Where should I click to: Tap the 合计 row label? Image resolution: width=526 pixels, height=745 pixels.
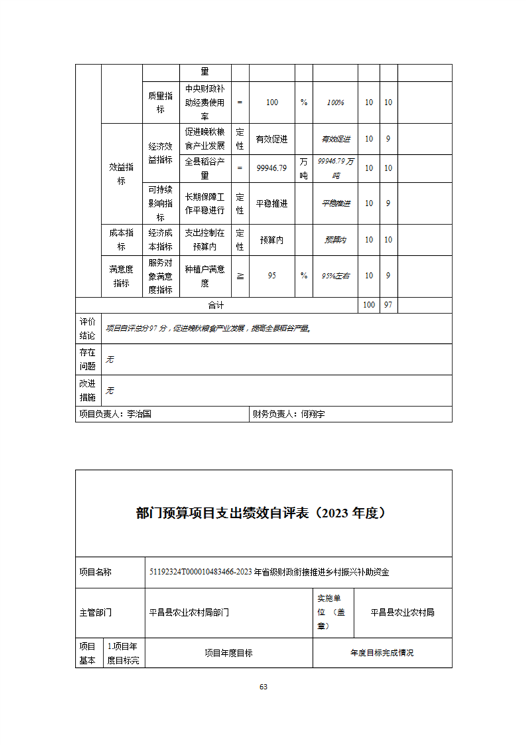(216, 305)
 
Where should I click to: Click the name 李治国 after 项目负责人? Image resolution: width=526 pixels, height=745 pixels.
(139, 414)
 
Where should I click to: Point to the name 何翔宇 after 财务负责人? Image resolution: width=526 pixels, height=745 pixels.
(316, 414)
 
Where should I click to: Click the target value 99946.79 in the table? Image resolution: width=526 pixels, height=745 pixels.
(271, 168)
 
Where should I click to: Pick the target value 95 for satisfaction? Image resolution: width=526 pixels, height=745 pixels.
(271, 276)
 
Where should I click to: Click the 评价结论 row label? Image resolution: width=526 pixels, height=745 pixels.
(88, 329)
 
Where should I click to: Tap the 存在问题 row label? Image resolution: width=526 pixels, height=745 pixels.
(88, 359)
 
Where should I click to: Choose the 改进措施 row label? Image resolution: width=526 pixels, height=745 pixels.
(88, 390)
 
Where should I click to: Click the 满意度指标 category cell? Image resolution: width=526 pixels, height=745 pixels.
(121, 276)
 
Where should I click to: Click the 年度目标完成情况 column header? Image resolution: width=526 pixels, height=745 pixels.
(382, 653)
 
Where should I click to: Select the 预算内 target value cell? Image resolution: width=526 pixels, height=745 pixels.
(271, 240)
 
